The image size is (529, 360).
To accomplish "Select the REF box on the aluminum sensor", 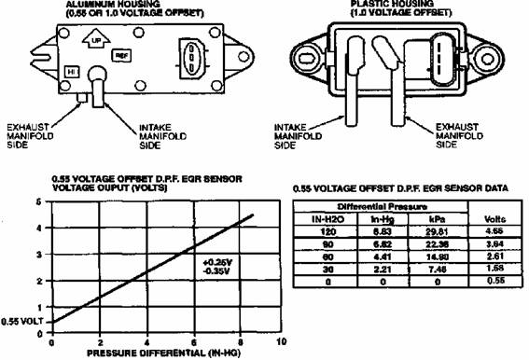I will (121, 56).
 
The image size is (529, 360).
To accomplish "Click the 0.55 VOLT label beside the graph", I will (21, 321).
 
